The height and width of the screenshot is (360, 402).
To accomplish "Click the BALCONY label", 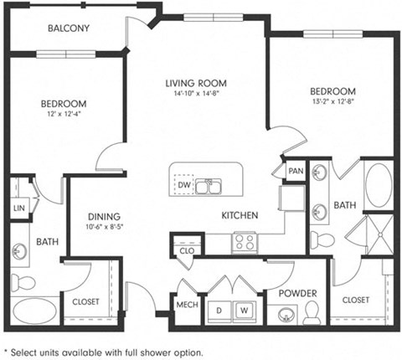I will [70, 28].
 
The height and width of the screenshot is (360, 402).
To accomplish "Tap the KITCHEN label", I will [240, 215].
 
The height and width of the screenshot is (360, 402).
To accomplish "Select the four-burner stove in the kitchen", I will [245, 242].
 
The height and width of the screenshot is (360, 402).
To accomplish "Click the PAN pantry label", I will [294, 171].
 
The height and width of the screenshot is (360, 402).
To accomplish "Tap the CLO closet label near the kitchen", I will [186, 249].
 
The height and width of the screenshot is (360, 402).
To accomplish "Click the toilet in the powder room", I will [312, 312].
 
